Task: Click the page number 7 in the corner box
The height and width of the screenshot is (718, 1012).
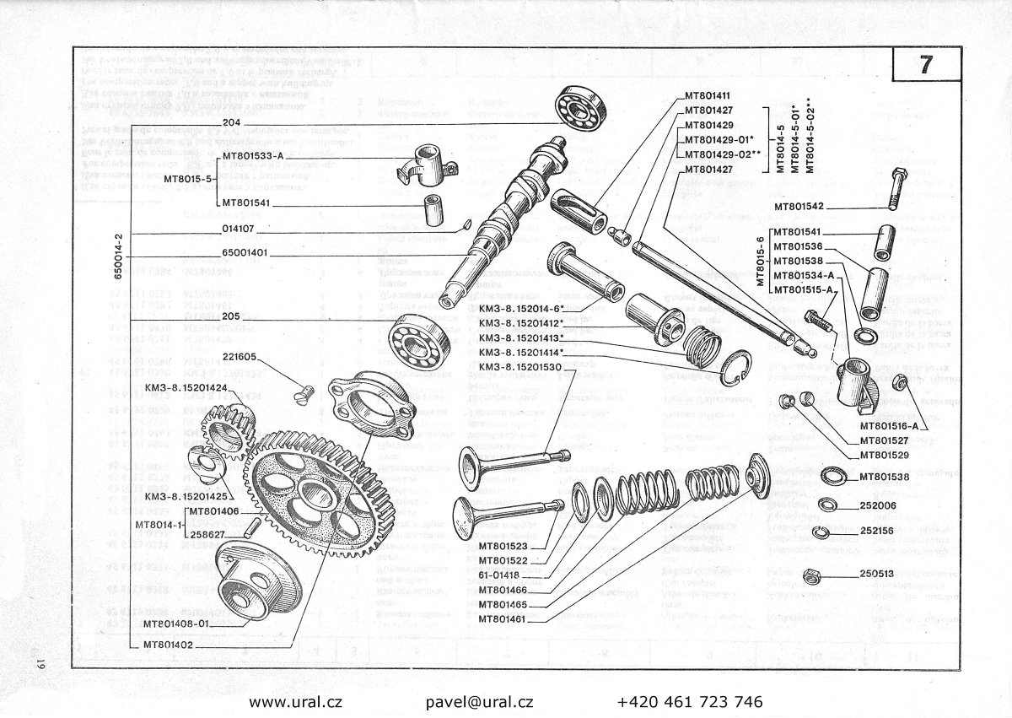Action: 925,67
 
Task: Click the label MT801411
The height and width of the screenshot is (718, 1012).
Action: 708,96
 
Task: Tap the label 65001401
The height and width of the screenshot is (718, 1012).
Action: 246,252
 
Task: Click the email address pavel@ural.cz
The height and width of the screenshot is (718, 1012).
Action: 480,701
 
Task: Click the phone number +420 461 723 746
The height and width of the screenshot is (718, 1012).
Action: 690,701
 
